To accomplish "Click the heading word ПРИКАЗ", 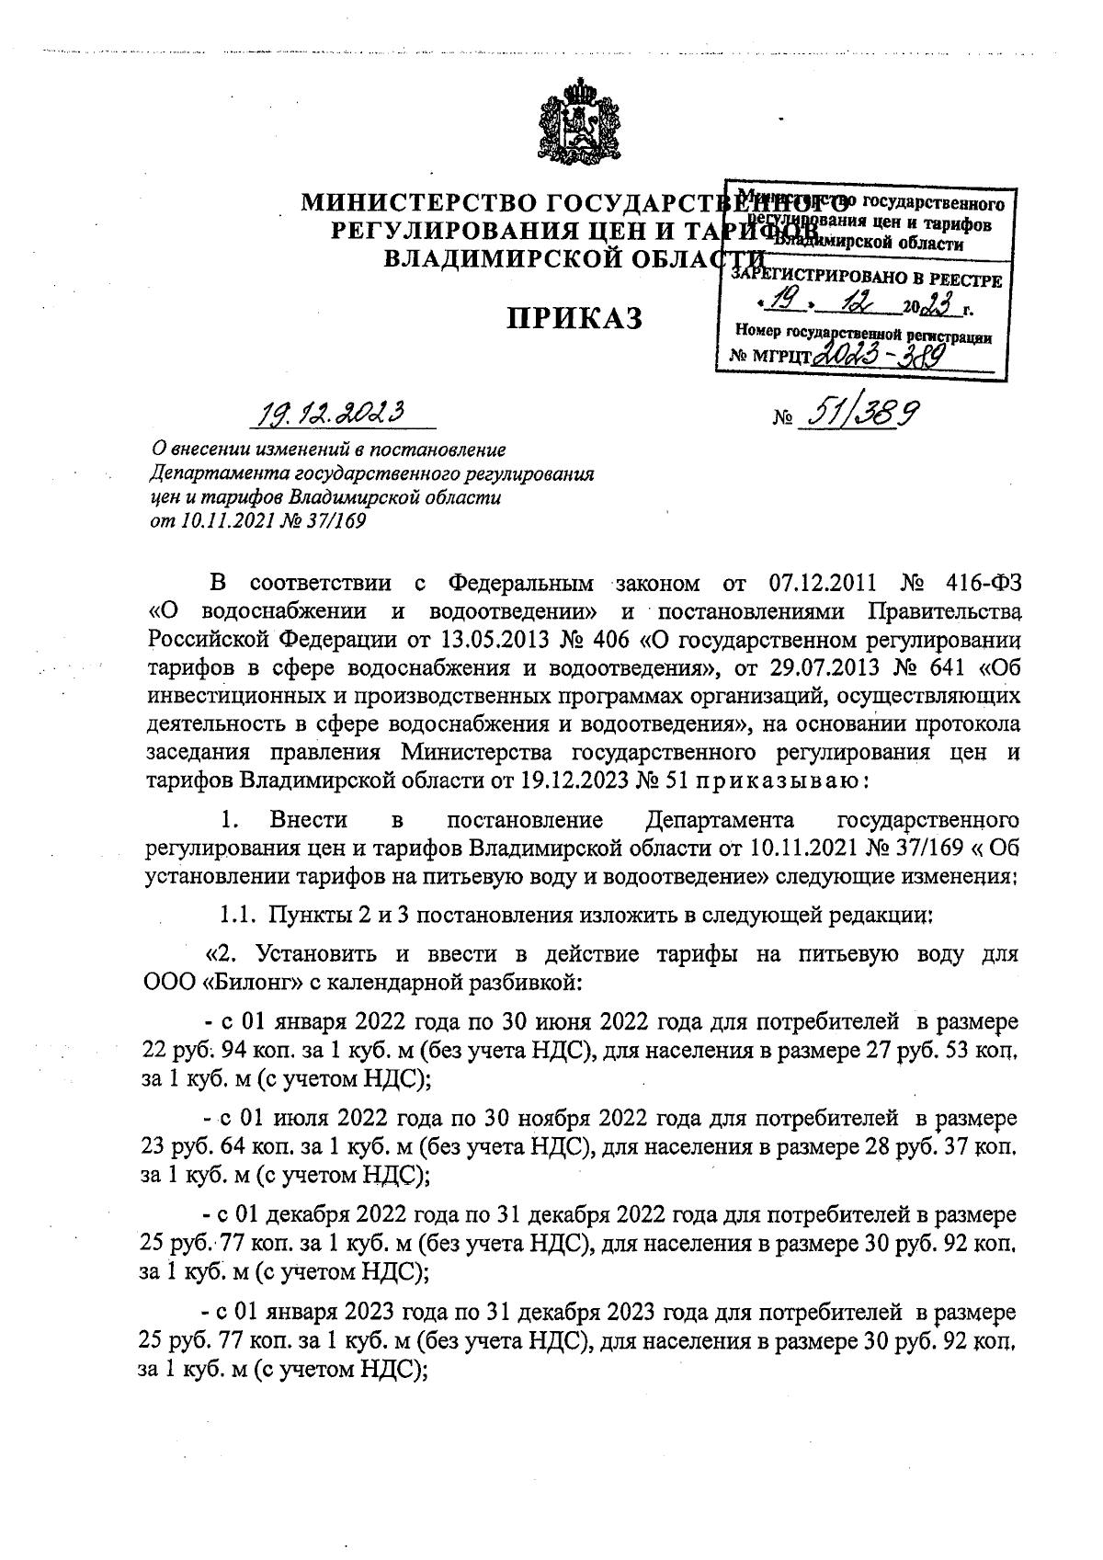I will (x=575, y=317).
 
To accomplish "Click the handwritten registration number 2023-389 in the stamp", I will (x=881, y=354).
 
